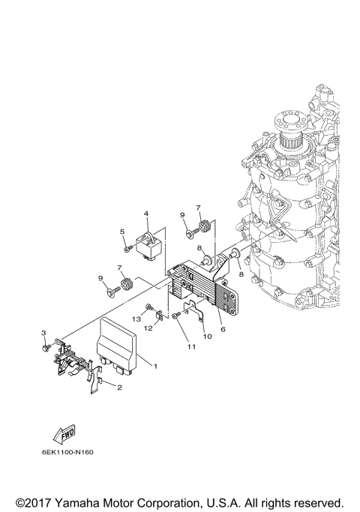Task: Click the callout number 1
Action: click(x=154, y=366)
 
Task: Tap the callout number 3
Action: click(x=43, y=333)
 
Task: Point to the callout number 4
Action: click(x=147, y=214)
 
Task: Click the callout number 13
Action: click(x=137, y=319)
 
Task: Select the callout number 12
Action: click(x=148, y=328)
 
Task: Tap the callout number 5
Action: click(x=122, y=232)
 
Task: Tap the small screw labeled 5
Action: click(x=127, y=248)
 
